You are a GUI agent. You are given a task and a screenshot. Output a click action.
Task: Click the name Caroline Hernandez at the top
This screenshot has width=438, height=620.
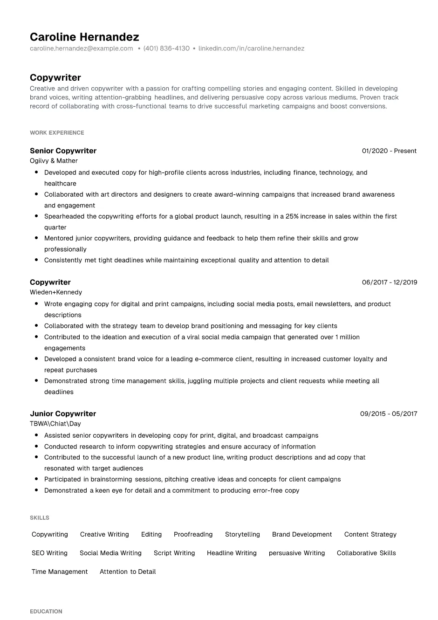click(84, 37)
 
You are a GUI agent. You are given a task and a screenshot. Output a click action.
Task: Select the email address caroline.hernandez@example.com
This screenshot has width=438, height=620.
click(81, 48)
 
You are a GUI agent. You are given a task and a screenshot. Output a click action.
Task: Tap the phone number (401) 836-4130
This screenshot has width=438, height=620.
click(166, 48)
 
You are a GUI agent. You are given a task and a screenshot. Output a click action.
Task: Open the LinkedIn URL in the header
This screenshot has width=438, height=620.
click(251, 48)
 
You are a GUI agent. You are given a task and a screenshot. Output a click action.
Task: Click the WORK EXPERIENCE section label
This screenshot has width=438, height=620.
click(57, 133)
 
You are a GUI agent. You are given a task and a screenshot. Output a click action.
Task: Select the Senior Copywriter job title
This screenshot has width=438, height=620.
click(63, 151)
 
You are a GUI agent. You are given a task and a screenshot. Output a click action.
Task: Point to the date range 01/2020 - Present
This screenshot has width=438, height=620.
click(389, 151)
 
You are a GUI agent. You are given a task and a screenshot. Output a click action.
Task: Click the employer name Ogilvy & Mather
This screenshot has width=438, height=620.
click(54, 161)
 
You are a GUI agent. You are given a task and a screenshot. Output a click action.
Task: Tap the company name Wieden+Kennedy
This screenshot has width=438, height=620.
click(56, 292)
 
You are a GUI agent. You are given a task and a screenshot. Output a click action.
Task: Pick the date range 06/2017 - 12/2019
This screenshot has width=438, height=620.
click(390, 282)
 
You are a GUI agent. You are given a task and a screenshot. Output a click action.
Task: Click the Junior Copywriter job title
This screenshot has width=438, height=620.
click(63, 413)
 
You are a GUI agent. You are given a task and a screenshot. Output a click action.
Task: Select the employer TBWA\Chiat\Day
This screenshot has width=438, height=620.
click(55, 424)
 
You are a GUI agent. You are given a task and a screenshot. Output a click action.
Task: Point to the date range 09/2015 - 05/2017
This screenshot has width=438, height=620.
click(389, 414)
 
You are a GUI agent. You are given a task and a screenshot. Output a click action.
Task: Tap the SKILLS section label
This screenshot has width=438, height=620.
click(40, 518)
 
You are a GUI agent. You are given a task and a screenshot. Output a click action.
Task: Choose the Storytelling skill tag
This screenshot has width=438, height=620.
click(242, 535)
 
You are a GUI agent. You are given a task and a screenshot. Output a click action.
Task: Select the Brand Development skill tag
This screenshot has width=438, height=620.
click(302, 535)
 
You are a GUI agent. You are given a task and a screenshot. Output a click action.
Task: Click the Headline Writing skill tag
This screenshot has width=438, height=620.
click(232, 553)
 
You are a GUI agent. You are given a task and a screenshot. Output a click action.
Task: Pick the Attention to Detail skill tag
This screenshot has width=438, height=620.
click(128, 572)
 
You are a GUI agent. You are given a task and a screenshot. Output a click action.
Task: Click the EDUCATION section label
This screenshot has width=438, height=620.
click(46, 612)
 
